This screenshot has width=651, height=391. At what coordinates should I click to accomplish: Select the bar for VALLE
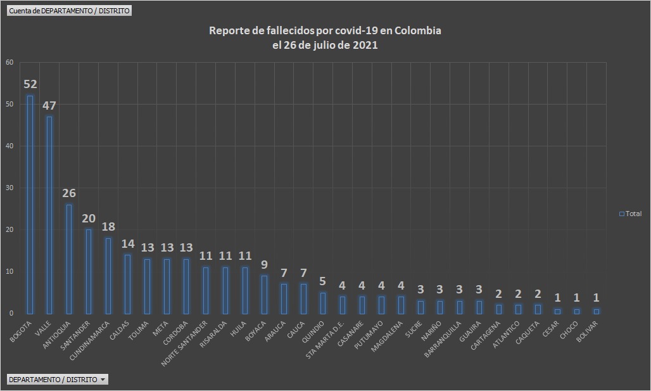[x=49, y=215]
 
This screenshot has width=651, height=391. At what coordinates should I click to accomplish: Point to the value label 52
[x=30, y=84]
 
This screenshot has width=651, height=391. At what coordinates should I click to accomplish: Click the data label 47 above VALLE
[x=49, y=105]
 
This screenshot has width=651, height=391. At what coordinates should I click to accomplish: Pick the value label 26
[x=69, y=193]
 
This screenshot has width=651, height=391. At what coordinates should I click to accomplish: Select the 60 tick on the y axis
[x=9, y=62]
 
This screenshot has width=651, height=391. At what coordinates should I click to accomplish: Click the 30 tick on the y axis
[x=9, y=188]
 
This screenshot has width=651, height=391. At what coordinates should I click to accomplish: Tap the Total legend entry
[x=630, y=214]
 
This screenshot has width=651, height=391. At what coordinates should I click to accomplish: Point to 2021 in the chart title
[x=365, y=45]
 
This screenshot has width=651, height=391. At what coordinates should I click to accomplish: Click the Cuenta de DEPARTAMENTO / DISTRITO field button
[x=70, y=11]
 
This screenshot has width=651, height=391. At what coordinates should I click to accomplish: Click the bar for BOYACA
[x=264, y=294]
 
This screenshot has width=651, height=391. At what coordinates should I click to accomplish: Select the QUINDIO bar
[x=323, y=302]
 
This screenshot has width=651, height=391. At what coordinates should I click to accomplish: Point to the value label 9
[x=265, y=265]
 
